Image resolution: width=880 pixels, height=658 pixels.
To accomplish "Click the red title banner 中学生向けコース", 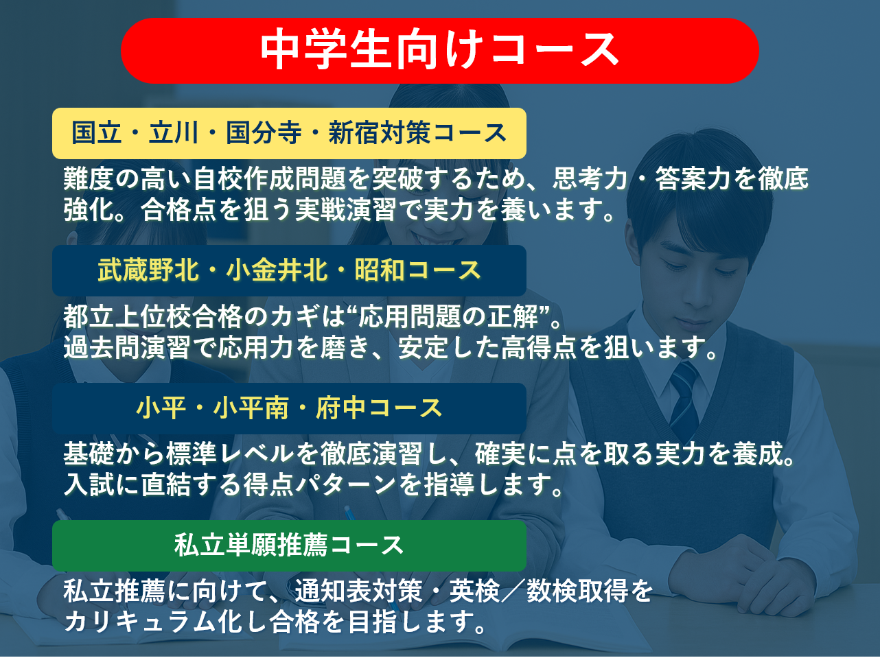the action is click(x=440, y=51).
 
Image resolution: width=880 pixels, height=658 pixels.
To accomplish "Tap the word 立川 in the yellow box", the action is click(x=174, y=133).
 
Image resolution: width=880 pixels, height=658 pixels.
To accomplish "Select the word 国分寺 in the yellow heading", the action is click(x=264, y=133).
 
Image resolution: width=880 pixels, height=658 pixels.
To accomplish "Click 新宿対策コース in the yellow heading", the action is click(x=417, y=133).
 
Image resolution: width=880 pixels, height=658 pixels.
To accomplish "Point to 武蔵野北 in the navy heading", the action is click(x=148, y=270).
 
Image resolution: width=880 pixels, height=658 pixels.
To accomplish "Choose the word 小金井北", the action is click(x=277, y=270).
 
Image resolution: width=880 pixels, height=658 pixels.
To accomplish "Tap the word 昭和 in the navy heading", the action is click(x=380, y=270).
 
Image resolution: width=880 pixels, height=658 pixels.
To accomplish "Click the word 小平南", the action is click(x=251, y=408).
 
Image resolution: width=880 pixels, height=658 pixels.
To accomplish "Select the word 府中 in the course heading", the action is click(x=340, y=408).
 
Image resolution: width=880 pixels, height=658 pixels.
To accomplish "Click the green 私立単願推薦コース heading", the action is click(x=289, y=545).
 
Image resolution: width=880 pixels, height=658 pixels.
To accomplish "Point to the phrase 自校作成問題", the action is click(x=269, y=178).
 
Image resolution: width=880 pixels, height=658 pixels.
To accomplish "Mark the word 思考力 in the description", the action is click(x=590, y=178).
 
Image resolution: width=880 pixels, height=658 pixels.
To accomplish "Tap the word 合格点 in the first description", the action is click(x=178, y=209).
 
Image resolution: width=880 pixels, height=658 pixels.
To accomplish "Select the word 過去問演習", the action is click(x=127, y=347).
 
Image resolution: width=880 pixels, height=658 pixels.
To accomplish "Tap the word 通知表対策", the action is click(x=359, y=591).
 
